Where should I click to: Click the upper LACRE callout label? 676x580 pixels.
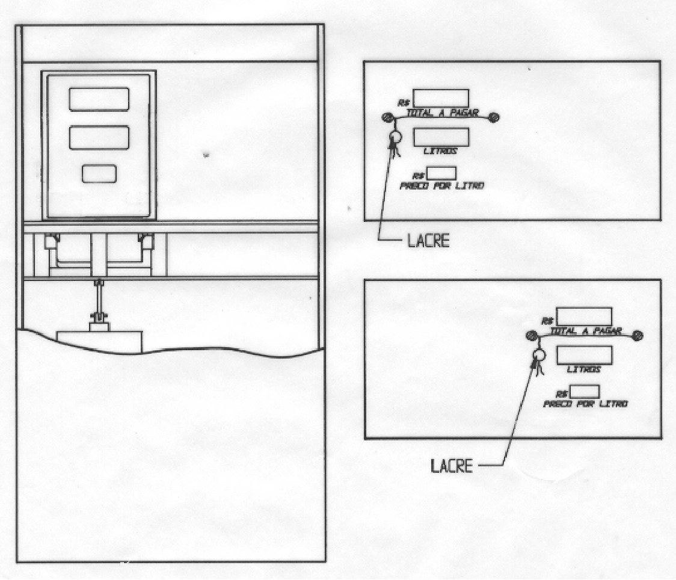coord(428,241)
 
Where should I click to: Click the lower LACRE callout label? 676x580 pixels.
coord(452,466)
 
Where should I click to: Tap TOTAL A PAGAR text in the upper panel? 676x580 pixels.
coord(443,113)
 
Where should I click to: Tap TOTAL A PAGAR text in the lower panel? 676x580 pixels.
coord(586,331)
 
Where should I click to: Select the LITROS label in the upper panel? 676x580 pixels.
coord(440,151)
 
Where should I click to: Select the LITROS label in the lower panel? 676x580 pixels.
coord(584,369)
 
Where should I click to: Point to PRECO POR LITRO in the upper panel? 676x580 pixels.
coord(442,186)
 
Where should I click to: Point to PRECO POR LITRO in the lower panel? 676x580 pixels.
coord(585,404)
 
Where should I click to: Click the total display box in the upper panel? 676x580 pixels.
coord(441,98)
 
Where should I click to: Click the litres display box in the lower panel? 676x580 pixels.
coord(584,355)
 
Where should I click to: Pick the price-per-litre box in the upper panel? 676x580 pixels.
coord(441,173)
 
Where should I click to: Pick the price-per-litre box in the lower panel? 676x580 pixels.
coord(585,392)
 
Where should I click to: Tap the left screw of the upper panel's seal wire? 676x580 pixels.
coord(387,117)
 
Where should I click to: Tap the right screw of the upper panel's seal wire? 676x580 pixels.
coord(494,117)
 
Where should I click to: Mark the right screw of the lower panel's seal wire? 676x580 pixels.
coord(638,336)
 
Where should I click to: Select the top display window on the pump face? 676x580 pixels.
coord(99,99)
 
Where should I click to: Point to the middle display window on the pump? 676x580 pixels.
coord(99,138)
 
